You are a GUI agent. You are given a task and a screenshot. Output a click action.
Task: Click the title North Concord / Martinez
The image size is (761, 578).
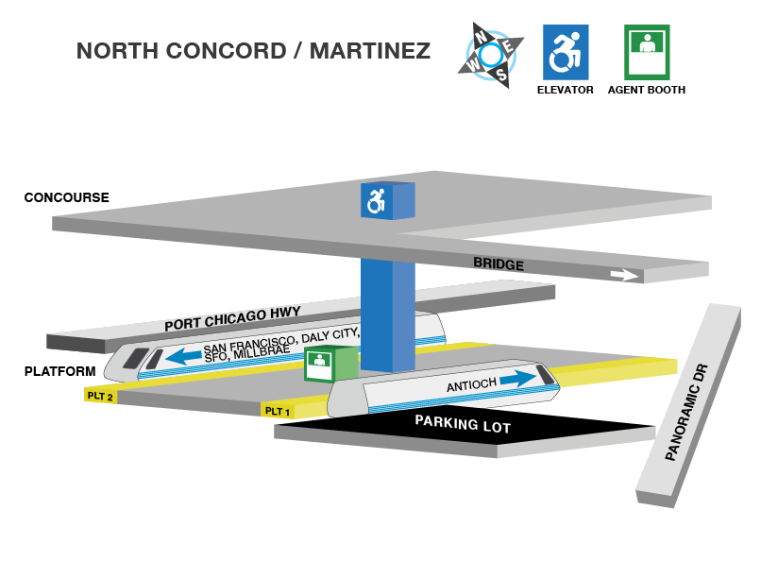tap(253, 50)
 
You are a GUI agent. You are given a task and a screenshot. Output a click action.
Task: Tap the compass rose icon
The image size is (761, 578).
tap(490, 55)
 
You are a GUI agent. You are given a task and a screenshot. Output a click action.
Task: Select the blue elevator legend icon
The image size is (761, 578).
tap(566, 51)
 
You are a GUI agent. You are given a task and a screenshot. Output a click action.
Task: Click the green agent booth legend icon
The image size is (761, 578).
tap(647, 51)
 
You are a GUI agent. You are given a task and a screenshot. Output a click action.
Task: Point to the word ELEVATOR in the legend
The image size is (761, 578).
tap(565, 90)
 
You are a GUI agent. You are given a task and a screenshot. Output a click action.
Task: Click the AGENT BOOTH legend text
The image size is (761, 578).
tap(647, 90)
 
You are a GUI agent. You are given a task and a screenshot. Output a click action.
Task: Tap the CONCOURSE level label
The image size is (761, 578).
tap(66, 197)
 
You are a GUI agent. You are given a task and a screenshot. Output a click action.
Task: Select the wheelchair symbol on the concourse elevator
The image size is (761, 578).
tap(377, 200)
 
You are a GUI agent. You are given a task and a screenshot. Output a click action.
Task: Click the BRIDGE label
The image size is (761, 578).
tap(498, 264)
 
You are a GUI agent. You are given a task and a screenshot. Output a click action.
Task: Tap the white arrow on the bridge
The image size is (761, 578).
tap(623, 275)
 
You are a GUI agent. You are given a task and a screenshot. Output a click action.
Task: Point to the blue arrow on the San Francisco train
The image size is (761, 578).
tap(185, 357)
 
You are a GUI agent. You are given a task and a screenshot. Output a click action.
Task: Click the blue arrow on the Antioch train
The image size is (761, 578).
tap(517, 378)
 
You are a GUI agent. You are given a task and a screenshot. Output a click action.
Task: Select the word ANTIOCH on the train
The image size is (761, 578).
tap(471, 385)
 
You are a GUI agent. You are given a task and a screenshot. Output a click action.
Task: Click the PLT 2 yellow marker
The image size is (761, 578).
tap(99, 396)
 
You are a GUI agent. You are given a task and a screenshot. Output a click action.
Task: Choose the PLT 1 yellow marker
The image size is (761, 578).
tap(277, 410)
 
